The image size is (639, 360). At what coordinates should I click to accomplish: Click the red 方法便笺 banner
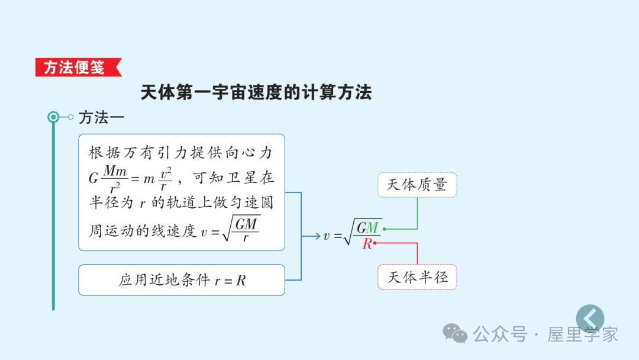coord(78,67)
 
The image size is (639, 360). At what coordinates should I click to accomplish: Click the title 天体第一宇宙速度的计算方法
coord(256,92)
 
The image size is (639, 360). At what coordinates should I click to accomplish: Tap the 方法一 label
coord(101,117)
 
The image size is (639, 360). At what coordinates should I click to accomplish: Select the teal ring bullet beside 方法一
coord(53,117)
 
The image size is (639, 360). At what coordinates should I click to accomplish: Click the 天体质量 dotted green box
coord(417,185)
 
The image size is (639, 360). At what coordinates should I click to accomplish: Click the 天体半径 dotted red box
coord(417,277)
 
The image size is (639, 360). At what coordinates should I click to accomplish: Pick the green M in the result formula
coord(373,227)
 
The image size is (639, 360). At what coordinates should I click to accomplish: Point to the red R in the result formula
coord(367,244)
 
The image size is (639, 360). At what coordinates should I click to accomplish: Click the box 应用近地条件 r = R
coord(182,280)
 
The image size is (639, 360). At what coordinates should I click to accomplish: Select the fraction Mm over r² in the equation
coord(115,178)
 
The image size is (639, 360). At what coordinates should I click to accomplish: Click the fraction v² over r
coord(166,179)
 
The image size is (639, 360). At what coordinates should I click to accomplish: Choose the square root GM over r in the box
coord(241,229)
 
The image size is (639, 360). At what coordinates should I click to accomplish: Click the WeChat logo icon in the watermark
coord(455,333)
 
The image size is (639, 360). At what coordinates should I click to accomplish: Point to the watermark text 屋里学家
coord(582,335)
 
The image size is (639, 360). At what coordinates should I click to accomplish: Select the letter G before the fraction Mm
coord(93,178)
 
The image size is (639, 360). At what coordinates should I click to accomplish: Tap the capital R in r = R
coord(241,281)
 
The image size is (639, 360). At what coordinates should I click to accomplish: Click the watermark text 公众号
coord(500,335)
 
